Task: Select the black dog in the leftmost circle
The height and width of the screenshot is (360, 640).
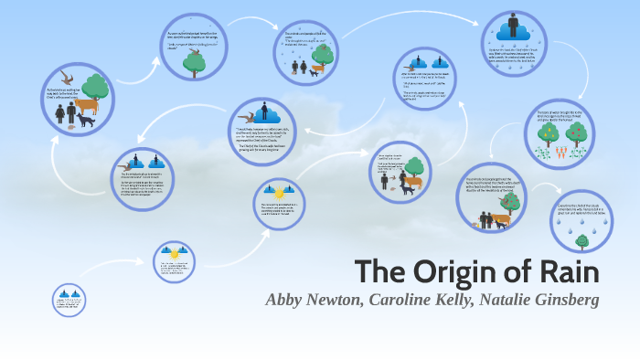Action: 86,122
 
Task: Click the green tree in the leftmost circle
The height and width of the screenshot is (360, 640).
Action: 98,89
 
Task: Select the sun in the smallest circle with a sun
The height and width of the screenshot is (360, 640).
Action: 169,250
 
